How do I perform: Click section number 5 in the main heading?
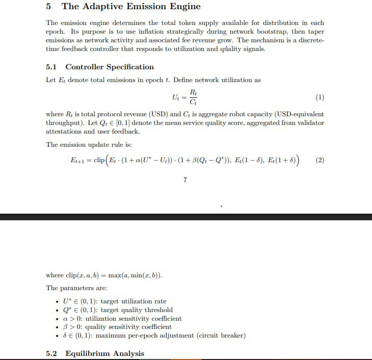point(48,7)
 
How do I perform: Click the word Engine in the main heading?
point(185,7)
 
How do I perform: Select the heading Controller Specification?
point(110,67)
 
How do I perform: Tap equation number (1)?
point(320,96)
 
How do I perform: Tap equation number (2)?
point(320,160)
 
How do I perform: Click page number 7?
point(185,179)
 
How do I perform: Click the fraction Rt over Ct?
point(193,96)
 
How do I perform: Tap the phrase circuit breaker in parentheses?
point(222,335)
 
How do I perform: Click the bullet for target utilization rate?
point(57,302)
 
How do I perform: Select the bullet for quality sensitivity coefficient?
point(57,327)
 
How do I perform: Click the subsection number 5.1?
point(52,67)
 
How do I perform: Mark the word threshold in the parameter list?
point(158,310)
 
